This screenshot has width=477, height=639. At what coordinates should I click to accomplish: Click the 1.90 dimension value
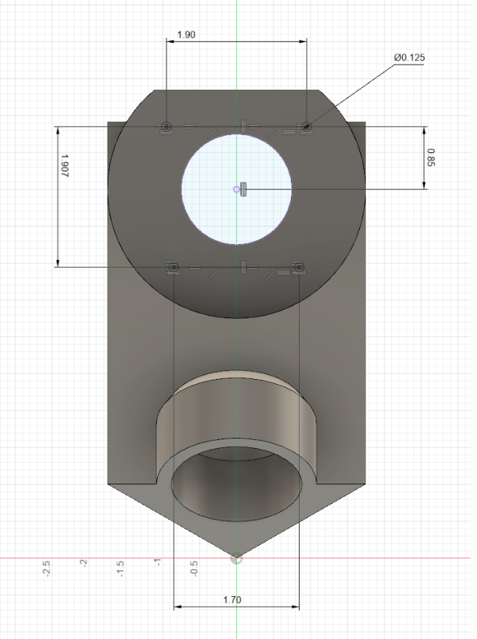tap(185, 34)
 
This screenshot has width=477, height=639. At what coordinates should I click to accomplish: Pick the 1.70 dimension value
tap(232, 600)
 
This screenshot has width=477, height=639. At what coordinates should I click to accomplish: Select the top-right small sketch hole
tap(307, 126)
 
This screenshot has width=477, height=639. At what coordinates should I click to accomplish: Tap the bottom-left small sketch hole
tap(174, 268)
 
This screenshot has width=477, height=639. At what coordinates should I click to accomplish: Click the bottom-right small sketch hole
tap(298, 268)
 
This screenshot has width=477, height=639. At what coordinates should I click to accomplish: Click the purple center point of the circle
tap(236, 190)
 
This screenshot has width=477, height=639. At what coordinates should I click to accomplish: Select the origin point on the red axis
tap(236, 558)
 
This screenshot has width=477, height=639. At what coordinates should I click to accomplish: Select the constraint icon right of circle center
tap(244, 190)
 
